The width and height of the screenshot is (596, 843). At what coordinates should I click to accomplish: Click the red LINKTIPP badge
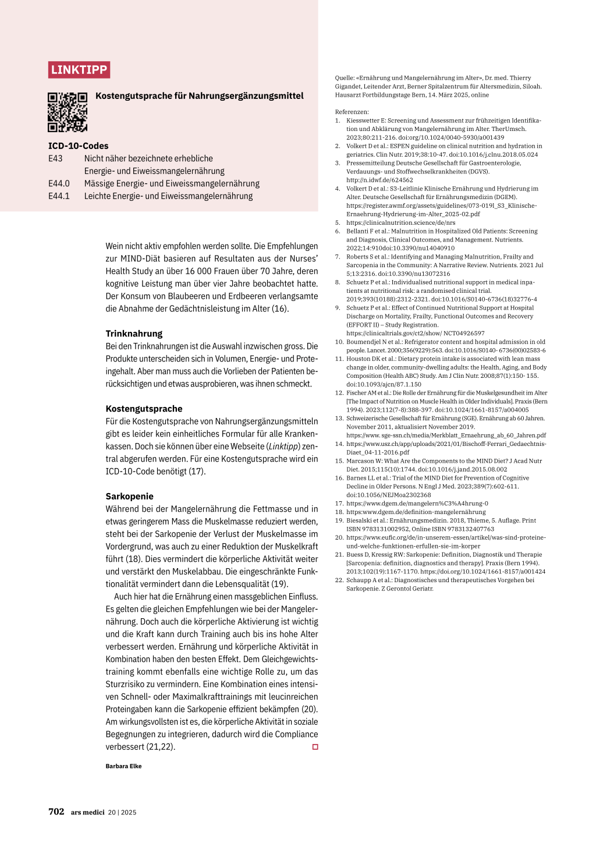coord(79,70)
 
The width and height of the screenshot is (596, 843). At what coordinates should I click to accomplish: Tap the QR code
coord(68,112)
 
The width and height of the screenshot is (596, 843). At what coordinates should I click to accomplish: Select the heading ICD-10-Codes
coord(78,146)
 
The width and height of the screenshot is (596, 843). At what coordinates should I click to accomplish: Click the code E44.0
coord(59,183)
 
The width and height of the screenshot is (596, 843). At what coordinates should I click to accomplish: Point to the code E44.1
coord(59,196)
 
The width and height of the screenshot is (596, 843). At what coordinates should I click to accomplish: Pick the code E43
coord(55,158)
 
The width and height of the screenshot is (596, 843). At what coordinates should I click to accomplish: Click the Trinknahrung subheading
coord(134,334)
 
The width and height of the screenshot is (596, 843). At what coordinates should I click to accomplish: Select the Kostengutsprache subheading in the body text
coord(144,409)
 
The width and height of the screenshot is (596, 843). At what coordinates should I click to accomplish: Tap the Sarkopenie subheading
coord(129,496)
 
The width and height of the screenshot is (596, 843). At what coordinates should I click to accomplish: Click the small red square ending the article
coord(315,747)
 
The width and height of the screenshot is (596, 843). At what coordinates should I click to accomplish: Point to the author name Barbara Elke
coord(123,766)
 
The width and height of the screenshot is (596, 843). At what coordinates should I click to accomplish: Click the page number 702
coord(56,812)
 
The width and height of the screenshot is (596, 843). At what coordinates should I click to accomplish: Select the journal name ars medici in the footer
coord(88,812)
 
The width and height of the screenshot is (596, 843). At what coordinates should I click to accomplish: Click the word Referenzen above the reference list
coord(352,112)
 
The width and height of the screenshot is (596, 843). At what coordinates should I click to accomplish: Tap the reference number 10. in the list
coord(339,342)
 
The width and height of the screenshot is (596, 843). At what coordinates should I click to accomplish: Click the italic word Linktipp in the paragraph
coord(283,446)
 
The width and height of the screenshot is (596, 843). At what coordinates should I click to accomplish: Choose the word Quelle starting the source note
coord(345,77)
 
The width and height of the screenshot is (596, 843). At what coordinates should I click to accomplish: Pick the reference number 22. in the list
coord(339,580)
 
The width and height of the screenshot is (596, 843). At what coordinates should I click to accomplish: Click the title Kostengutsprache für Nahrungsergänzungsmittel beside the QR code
coord(200,95)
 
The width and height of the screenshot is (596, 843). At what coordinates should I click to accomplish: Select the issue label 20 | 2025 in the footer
coord(122,812)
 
